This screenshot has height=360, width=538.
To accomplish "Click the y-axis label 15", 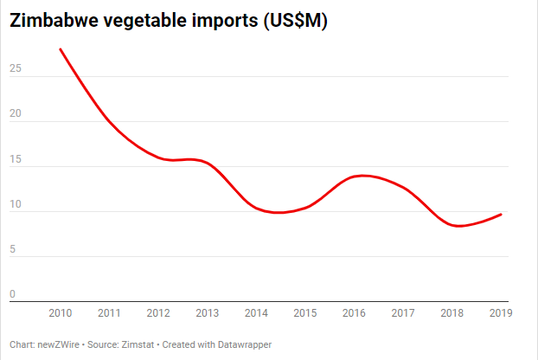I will pos(14,159).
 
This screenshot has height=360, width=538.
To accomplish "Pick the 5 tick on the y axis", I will pos(12,249).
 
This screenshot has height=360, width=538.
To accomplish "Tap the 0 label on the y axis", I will pos(12,294).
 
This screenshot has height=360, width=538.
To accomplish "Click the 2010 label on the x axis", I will pos(60,312).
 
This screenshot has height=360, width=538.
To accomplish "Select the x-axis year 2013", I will pos(207,312).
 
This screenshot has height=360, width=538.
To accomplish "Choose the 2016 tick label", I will pos(354,312).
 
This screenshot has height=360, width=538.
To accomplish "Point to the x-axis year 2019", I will pos(501,312).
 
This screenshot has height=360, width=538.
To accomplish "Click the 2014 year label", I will pos(256,312).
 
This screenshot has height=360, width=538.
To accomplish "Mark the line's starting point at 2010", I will pos(60,49).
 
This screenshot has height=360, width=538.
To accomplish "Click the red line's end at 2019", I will pos(501,215).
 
